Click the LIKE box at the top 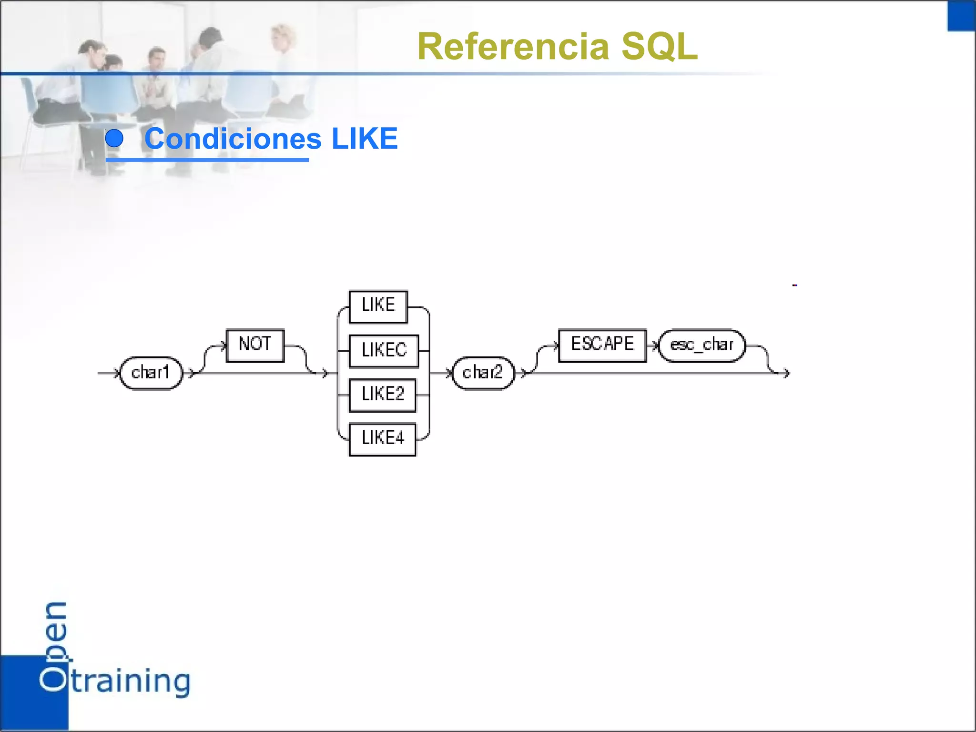click(x=378, y=306)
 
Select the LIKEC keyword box click(x=384, y=351)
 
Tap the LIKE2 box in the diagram click(x=382, y=395)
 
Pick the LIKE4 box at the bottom click(x=382, y=439)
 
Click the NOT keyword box click(x=255, y=345)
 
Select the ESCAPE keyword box click(x=602, y=345)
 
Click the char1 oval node click(x=151, y=373)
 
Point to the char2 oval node click(x=483, y=373)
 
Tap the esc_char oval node click(x=701, y=345)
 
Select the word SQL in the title click(x=660, y=47)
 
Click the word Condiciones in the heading click(x=233, y=139)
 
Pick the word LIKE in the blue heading click(x=365, y=139)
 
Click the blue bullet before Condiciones click(x=114, y=139)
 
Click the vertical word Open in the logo click(x=54, y=646)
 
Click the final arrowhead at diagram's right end click(x=786, y=373)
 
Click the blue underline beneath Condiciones click(x=207, y=160)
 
